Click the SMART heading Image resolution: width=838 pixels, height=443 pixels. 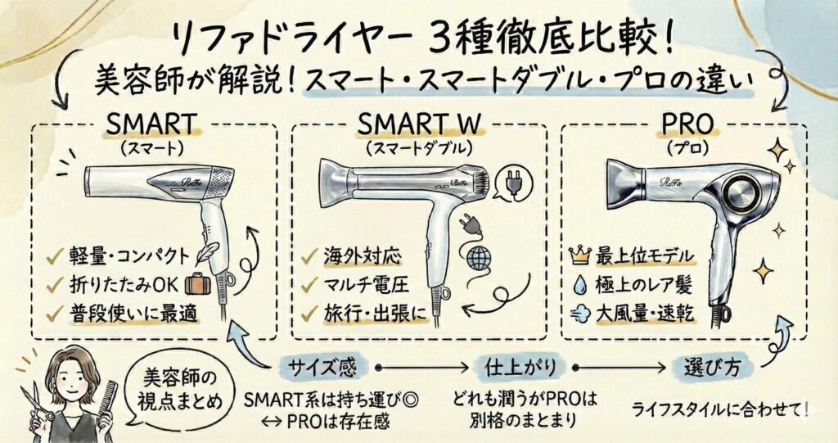pyautogui.click(x=151, y=124)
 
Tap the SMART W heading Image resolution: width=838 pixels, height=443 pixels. pyautogui.click(x=419, y=124)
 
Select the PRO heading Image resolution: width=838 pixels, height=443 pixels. pyautogui.click(x=687, y=124)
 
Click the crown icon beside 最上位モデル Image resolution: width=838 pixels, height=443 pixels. pyautogui.click(x=579, y=256)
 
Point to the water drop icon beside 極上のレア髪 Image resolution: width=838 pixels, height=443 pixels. pyautogui.click(x=579, y=285)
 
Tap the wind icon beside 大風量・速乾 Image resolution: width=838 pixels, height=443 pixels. pyautogui.click(x=579, y=314)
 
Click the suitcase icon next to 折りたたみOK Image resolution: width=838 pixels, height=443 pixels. pyautogui.click(x=197, y=285)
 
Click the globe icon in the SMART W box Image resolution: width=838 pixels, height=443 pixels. pyautogui.click(x=479, y=259)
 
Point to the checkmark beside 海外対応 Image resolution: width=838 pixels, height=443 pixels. pyautogui.click(x=309, y=256)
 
